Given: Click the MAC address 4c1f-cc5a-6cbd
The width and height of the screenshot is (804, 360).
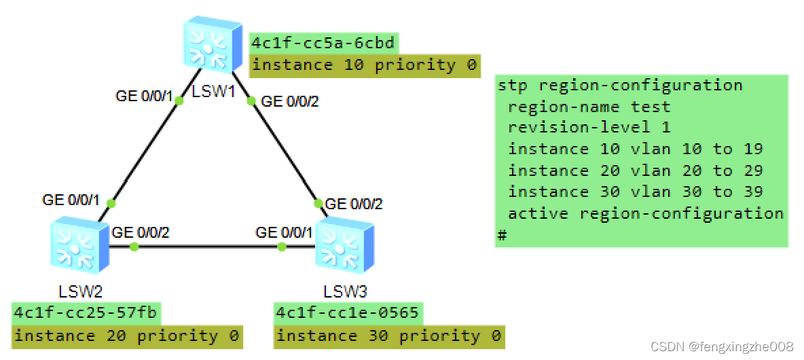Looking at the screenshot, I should click(323, 43).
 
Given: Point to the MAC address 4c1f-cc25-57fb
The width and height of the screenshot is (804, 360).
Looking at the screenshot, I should click(86, 313).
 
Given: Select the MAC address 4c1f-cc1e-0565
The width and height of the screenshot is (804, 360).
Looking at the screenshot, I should click(347, 313).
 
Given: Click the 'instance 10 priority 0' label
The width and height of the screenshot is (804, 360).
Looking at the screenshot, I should click(364, 65).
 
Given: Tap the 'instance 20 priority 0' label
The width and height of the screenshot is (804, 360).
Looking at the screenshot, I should click(126, 336).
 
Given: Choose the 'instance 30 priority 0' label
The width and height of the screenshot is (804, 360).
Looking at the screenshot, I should click(388, 336).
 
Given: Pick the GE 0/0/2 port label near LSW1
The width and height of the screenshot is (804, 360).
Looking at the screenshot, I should click(289, 102).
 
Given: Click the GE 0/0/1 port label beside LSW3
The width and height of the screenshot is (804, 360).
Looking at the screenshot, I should click(284, 232).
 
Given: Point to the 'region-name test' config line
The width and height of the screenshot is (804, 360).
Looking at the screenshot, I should click(589, 107).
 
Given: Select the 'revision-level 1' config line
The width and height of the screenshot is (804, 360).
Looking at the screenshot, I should click(589, 128).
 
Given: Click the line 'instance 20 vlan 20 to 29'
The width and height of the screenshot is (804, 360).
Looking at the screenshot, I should click(635, 170).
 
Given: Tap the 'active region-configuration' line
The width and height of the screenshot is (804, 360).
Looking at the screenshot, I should click(645, 213).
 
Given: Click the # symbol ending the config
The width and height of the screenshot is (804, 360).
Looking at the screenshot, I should click(502, 235).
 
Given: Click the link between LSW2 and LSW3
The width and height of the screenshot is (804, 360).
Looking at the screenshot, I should click(208, 247).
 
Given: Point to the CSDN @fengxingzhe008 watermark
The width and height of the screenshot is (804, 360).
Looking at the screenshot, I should click(722, 346).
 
